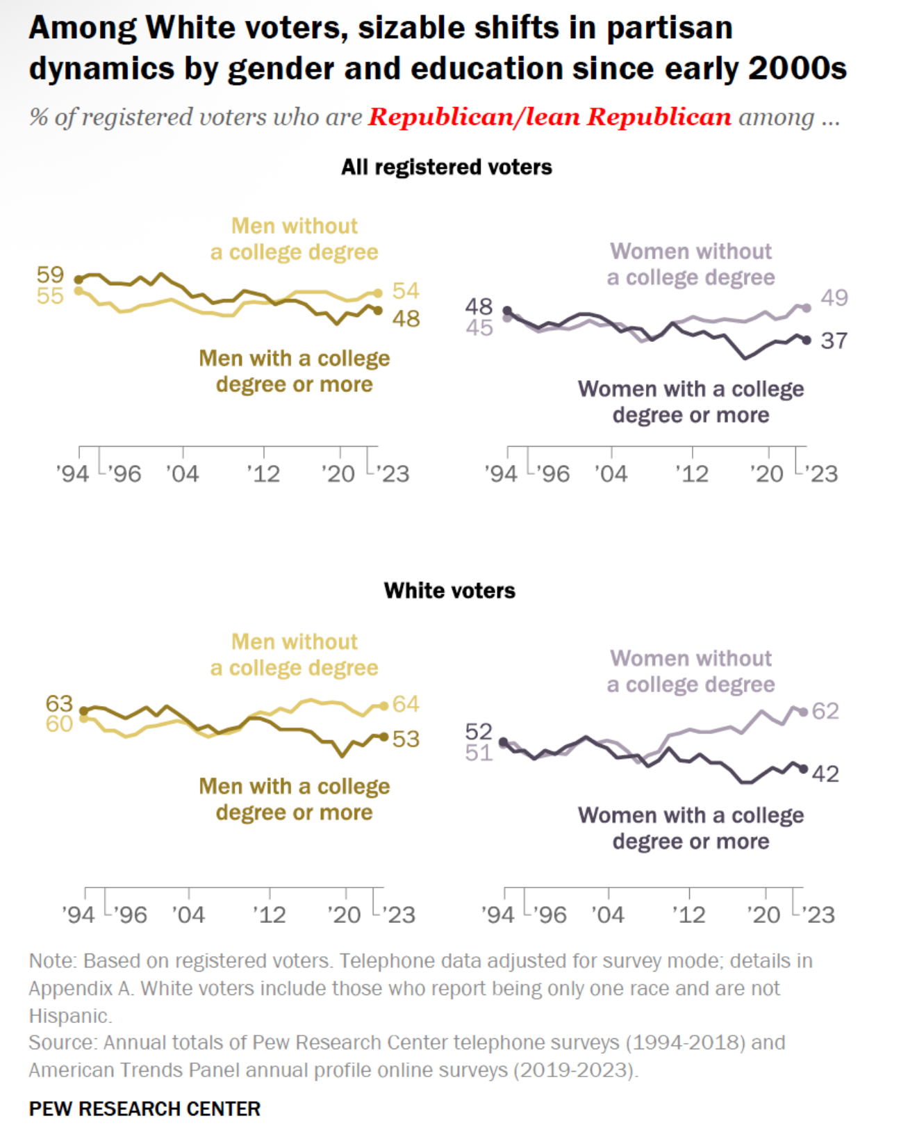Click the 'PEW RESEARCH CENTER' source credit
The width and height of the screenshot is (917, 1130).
tap(144, 1108)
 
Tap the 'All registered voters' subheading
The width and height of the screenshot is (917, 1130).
tap(446, 167)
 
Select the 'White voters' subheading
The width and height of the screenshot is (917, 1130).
tap(449, 591)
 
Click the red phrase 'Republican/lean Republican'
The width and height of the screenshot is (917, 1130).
tap(550, 117)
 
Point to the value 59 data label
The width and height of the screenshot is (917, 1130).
tap(50, 275)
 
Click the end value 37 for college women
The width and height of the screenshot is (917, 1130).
tap(834, 341)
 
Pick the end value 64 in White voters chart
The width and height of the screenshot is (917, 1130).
tap(406, 704)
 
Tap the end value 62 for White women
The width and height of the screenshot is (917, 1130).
tap(825, 711)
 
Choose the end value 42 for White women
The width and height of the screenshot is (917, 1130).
tap(825, 773)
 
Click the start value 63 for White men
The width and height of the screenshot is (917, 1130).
tap(59, 703)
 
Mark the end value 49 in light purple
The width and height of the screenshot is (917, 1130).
tap(834, 297)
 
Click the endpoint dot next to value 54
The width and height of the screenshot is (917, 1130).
tap(378, 293)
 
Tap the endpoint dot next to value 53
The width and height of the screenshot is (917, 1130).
tap(384, 737)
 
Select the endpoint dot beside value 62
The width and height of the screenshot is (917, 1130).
tap(804, 712)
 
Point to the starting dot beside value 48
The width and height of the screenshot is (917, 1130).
tap(507, 310)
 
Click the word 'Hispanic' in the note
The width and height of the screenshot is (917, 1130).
tap(69, 1016)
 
